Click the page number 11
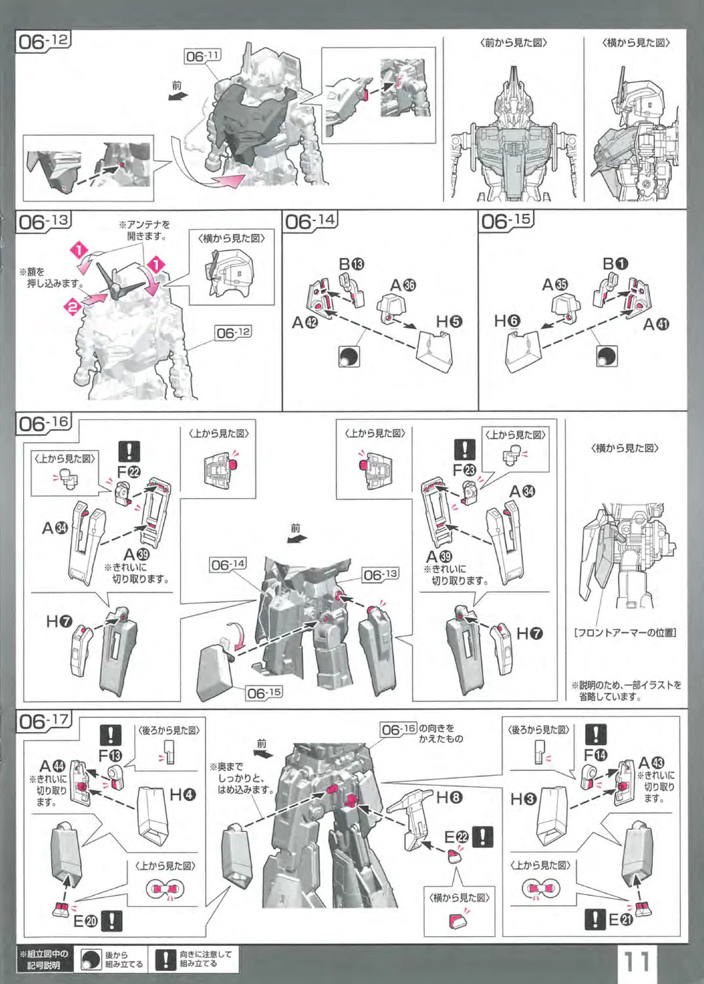(x=636, y=962)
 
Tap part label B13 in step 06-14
(x=351, y=264)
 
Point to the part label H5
(x=449, y=321)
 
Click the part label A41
(x=656, y=324)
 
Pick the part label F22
(x=129, y=472)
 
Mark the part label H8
(x=449, y=798)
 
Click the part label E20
(x=85, y=921)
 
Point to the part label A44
(x=52, y=766)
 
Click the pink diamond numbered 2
(x=74, y=305)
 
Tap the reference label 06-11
(x=203, y=56)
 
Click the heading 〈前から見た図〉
(x=514, y=43)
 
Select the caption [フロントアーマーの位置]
(x=625, y=633)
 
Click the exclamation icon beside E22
(x=484, y=836)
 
